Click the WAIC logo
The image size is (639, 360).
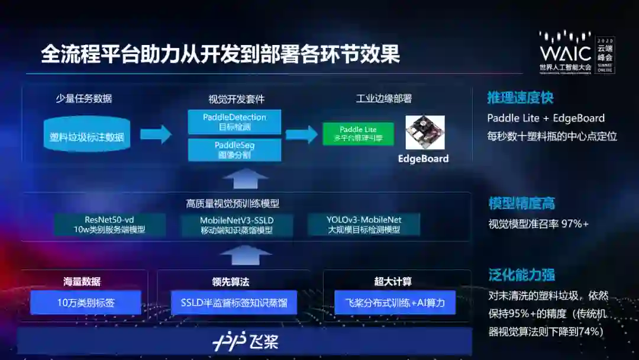point(565,52)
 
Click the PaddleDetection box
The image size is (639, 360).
point(234,122)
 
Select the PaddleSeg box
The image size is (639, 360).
point(234,150)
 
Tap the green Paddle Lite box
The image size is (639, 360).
point(358,134)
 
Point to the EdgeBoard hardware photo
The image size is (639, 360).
point(424,132)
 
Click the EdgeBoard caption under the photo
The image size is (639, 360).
point(423,159)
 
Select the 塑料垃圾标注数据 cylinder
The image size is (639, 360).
point(87,137)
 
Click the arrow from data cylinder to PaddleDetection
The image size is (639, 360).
point(155,134)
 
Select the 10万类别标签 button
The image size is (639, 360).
point(86,303)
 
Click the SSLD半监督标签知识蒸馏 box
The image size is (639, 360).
point(234,303)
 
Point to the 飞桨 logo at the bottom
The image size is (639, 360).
point(246,342)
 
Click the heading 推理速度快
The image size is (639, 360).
point(520,98)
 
